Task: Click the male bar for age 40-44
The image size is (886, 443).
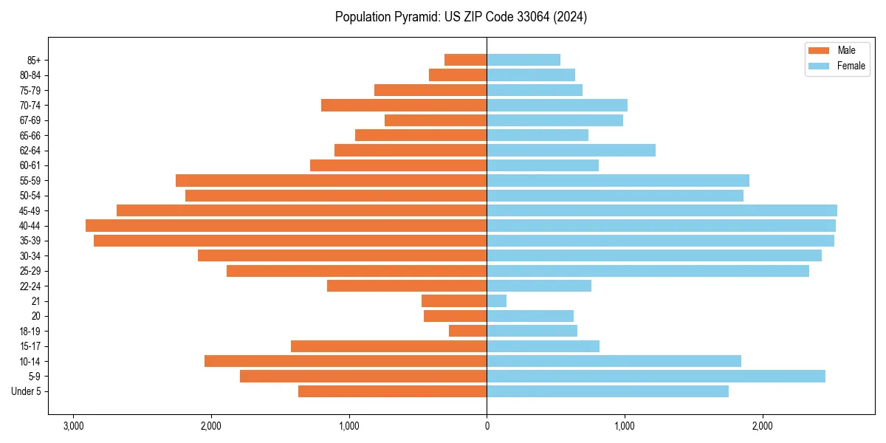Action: coord(286,225)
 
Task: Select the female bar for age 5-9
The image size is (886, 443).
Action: coord(656,377)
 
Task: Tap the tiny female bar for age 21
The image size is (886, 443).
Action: coord(497,301)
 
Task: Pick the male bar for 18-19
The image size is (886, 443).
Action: coord(468,331)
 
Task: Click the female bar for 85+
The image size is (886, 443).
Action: coord(523,60)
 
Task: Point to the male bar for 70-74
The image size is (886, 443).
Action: coord(404,105)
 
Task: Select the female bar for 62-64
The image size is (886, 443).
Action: coord(571,150)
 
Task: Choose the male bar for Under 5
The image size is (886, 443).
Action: coord(392,391)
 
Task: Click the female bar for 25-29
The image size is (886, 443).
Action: coord(648,271)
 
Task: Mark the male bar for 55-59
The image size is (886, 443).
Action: coord(331,180)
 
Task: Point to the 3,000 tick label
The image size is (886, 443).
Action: coord(73,426)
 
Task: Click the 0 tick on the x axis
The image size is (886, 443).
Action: coord(487,426)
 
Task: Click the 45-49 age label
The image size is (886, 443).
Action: coord(30,210)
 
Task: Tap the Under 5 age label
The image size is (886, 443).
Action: coord(27,391)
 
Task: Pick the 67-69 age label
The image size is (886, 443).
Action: coord(30,120)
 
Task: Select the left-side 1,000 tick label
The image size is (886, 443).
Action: coord(348,426)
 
